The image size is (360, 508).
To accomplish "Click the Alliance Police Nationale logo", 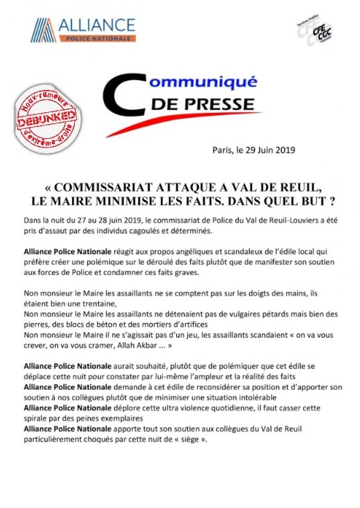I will [x=83, y=30].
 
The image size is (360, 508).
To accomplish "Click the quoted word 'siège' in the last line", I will [x=190, y=439].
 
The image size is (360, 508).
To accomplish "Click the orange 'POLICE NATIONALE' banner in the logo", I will [x=97, y=38].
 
